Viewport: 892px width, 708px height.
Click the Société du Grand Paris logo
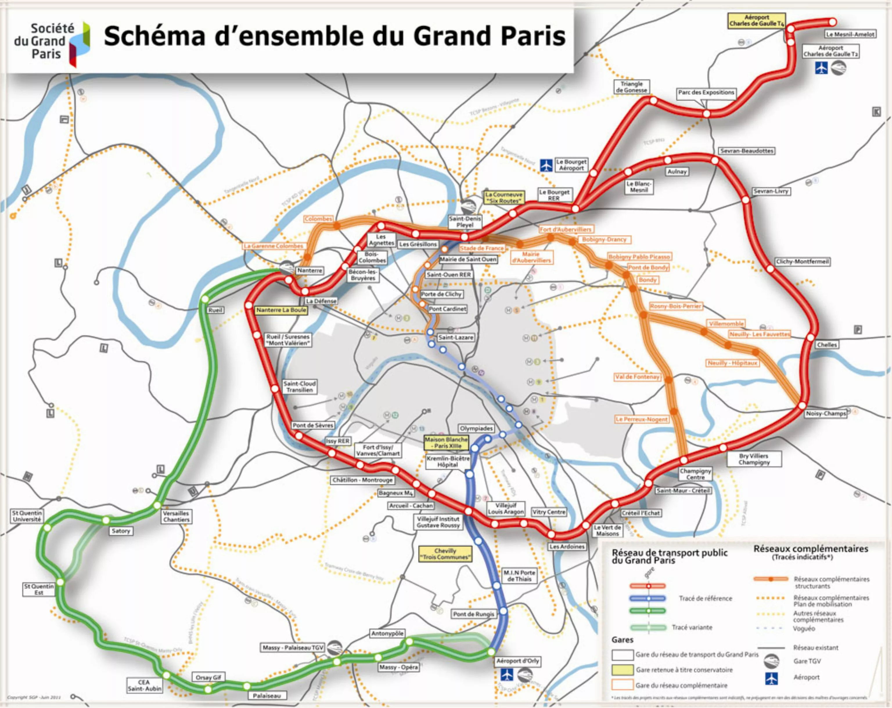51,41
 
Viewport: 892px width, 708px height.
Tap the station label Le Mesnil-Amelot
850,34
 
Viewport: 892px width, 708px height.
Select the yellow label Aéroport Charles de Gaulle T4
757,21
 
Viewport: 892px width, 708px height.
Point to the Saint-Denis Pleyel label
465,222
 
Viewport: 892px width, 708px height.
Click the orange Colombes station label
318,219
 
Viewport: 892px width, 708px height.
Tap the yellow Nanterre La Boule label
281,310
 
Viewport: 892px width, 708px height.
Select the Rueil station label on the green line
215,310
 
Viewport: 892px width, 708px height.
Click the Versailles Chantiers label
176,516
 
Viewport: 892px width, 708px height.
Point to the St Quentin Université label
27,516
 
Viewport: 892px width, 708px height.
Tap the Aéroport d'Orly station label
518,661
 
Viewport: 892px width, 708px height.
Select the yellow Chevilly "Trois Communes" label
445,554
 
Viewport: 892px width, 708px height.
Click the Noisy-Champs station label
826,414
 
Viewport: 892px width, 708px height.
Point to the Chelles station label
827,345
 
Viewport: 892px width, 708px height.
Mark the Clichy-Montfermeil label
802,262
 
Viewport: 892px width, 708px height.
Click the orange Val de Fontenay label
637,377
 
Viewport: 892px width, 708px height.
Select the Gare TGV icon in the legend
771,661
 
